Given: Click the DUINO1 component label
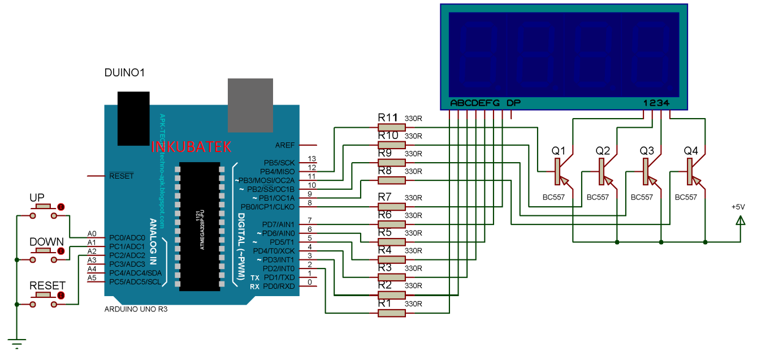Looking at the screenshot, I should pos(125,73).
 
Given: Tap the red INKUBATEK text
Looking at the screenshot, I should pos(191,147).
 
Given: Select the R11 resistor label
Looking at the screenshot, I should pos(388,118).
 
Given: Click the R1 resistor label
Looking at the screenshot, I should pos(384,303).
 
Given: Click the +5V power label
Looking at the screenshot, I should pos(738,207).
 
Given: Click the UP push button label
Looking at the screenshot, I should pos(37,198).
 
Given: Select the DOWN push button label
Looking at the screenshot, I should pos(46,242).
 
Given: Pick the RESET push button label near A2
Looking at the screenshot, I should pos(47,286).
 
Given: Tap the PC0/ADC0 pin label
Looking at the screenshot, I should pos(127,237).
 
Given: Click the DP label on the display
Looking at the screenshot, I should pos(513,103).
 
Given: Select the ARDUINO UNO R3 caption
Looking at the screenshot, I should pos(136,310).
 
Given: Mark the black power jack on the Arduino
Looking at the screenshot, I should pos(133,119).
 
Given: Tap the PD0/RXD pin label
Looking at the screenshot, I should pos(279,286).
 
